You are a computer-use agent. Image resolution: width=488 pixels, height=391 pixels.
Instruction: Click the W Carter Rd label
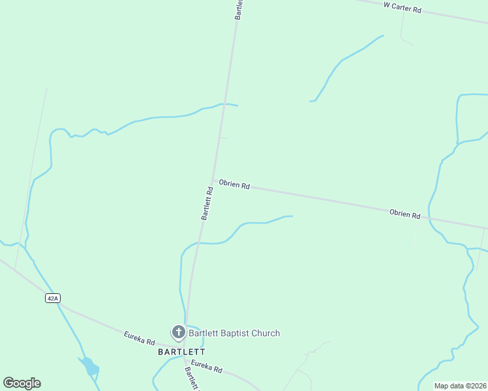[403, 8]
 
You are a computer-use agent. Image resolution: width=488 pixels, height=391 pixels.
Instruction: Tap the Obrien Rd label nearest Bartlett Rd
[234, 185]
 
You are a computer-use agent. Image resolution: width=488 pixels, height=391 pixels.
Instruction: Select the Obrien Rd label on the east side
[404, 214]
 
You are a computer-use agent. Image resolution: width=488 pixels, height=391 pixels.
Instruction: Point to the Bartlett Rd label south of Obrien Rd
[207, 203]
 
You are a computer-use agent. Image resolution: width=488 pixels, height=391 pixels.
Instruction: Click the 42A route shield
[53, 298]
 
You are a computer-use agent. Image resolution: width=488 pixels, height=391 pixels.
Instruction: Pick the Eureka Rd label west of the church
[139, 338]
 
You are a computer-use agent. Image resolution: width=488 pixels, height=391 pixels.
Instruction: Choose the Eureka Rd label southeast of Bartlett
[206, 366]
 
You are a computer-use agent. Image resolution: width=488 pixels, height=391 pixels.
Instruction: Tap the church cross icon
[178, 332]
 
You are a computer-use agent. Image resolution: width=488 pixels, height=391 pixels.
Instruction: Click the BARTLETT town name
[181, 351]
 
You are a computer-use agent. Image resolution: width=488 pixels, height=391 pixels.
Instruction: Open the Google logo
[22, 383]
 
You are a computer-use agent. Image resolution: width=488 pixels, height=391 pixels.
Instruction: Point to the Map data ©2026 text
[459, 386]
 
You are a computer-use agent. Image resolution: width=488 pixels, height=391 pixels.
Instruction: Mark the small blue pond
[90, 368]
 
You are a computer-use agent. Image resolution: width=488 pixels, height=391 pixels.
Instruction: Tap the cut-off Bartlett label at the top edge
[239, 9]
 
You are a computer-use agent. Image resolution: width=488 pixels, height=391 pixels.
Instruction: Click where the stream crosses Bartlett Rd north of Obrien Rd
[224, 104]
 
